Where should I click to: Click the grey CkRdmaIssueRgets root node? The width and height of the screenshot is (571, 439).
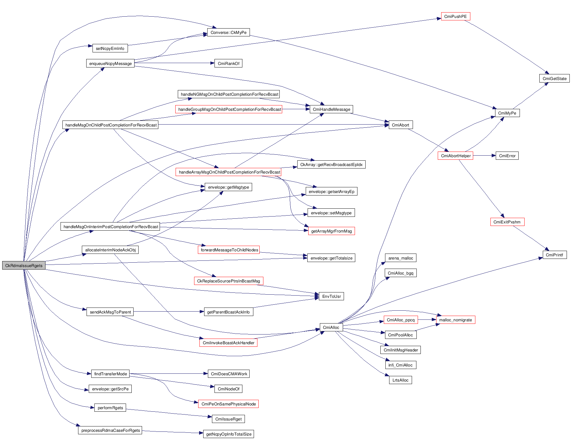click(24, 265)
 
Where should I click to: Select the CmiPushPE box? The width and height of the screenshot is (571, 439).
click(455, 16)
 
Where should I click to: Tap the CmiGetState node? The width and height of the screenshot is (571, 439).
click(554, 78)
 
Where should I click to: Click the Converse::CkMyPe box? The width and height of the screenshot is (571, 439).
click(228, 32)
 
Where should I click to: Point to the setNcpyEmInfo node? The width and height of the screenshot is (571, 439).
click(110, 48)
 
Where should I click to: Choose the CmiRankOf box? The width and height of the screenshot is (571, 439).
click(228, 63)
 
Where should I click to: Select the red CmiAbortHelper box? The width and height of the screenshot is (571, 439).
click(456, 156)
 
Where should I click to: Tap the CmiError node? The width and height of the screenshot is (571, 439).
click(507, 156)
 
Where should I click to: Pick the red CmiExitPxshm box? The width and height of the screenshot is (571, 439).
click(507, 222)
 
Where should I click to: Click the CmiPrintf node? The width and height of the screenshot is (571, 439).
click(554, 255)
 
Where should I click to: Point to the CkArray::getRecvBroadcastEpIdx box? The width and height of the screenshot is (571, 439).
click(331, 164)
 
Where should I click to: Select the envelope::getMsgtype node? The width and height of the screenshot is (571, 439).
click(228, 187)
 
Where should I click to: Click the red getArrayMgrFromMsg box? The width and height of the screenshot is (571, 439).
click(331, 231)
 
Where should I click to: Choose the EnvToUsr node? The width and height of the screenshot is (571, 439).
click(331, 296)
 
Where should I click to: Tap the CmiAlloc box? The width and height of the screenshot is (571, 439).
click(331, 327)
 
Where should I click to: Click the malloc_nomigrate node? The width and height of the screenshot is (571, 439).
click(455, 320)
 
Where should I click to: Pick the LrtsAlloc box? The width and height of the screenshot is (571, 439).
click(400, 380)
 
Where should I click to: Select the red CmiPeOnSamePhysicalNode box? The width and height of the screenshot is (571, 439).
click(228, 404)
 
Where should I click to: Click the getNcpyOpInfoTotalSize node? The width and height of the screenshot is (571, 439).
click(229, 434)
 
